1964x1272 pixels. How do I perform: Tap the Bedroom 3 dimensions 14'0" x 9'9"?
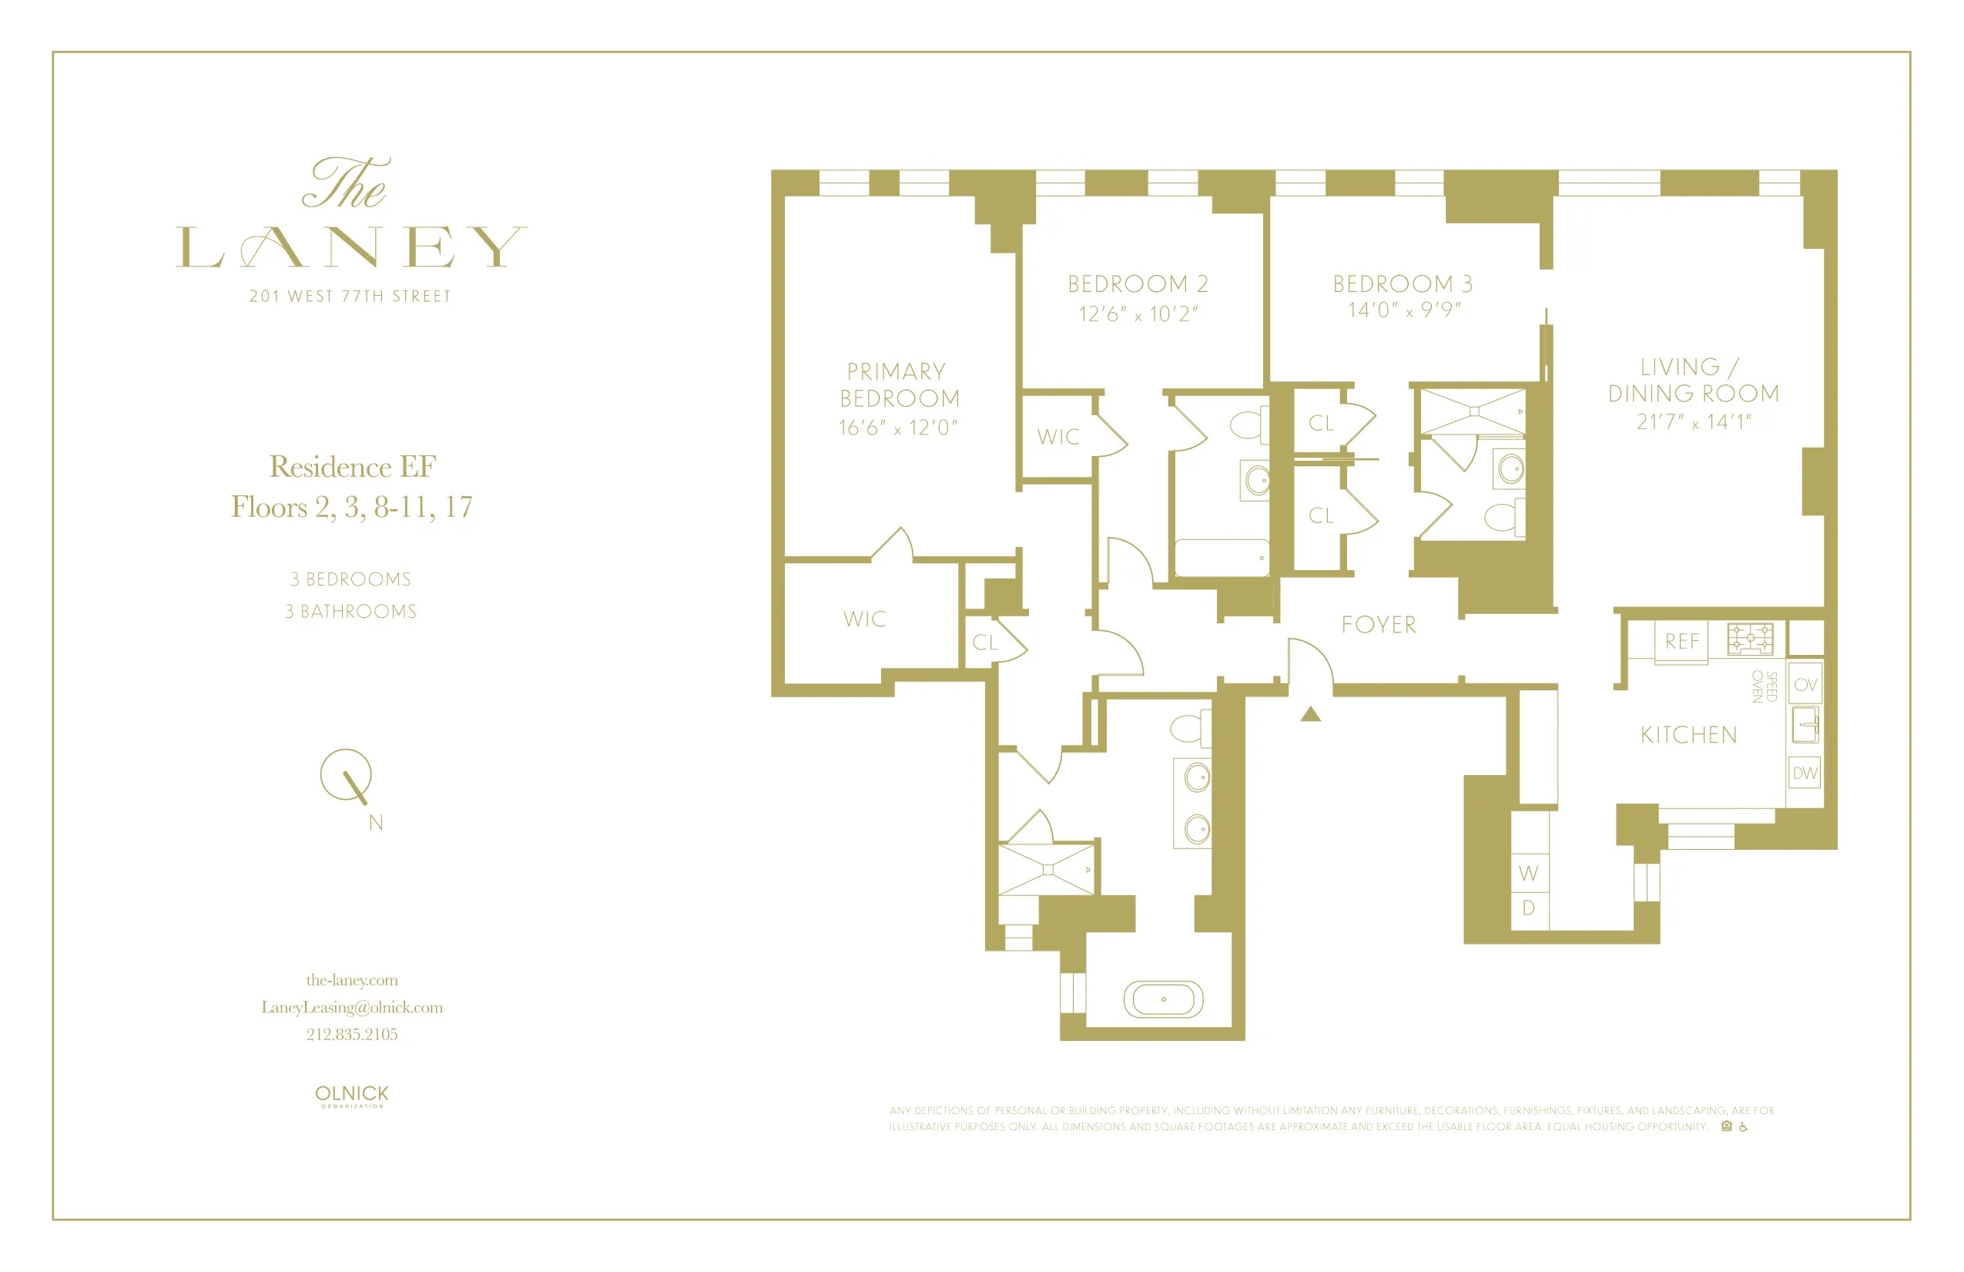[x=1403, y=310]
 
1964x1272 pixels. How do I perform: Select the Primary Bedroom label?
[x=899, y=384]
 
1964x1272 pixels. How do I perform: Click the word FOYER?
[x=1379, y=624]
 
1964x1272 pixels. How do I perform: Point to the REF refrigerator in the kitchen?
[x=1681, y=640]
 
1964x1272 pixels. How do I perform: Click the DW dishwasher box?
[x=1805, y=773]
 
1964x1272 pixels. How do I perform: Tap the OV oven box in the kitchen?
[x=1805, y=684]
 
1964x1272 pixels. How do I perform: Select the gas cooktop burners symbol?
[x=1750, y=638]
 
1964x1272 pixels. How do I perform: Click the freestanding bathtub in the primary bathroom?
[x=1163, y=998]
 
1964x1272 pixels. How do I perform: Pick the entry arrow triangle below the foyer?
[x=1310, y=714]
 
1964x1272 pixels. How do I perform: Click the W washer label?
[x=1527, y=872]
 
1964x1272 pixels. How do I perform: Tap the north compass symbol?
[x=347, y=776]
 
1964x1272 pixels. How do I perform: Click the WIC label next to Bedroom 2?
[x=1058, y=436]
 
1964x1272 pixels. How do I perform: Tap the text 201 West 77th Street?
[x=350, y=296]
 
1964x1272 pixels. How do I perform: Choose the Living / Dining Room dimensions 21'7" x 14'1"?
[x=1694, y=421]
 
